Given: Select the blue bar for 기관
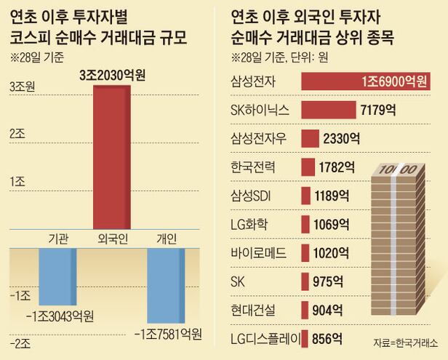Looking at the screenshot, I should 57,276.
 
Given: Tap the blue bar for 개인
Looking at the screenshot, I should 166,285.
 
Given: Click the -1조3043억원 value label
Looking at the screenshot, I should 60,316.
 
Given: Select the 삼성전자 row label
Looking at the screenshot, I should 252,82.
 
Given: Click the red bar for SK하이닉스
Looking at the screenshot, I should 327,111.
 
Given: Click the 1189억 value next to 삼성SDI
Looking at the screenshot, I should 335,196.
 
